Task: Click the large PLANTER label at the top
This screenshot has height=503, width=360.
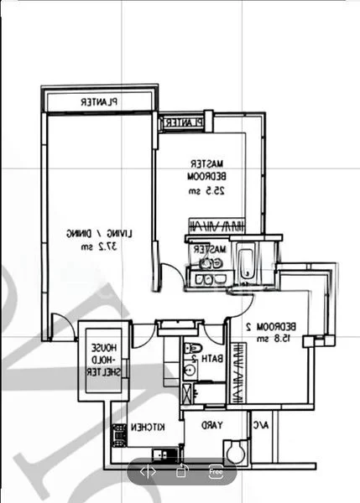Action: pyautogui.click(x=99, y=101)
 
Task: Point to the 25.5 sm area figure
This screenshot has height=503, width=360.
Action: pyautogui.click(x=206, y=193)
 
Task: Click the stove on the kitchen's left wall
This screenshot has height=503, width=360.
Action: pyautogui.click(x=119, y=433)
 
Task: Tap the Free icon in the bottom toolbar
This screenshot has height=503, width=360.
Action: pyautogui.click(x=215, y=471)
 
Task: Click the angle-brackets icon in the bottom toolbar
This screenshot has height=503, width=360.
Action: pyautogui.click(x=148, y=471)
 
